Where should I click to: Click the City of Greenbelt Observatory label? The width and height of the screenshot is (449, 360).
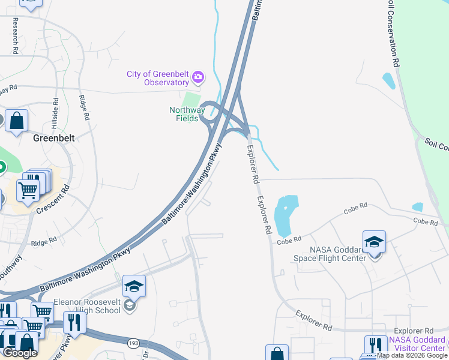[158, 79]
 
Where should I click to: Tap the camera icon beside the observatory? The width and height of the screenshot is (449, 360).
[198, 77]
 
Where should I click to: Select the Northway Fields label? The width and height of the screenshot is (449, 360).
[187, 114]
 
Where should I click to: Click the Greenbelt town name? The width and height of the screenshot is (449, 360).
[53, 138]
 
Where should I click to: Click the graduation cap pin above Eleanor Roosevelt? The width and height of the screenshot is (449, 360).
[134, 286]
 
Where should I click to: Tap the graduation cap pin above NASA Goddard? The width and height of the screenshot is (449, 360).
[374, 242]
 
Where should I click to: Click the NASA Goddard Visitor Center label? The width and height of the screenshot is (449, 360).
[417, 344]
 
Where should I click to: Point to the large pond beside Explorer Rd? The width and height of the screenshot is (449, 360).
[285, 214]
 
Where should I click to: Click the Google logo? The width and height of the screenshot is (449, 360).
[20, 353]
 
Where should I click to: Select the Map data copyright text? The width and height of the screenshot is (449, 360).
[411, 355]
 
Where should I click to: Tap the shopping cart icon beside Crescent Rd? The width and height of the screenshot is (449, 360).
[28, 191]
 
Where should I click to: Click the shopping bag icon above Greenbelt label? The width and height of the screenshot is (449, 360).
[17, 121]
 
